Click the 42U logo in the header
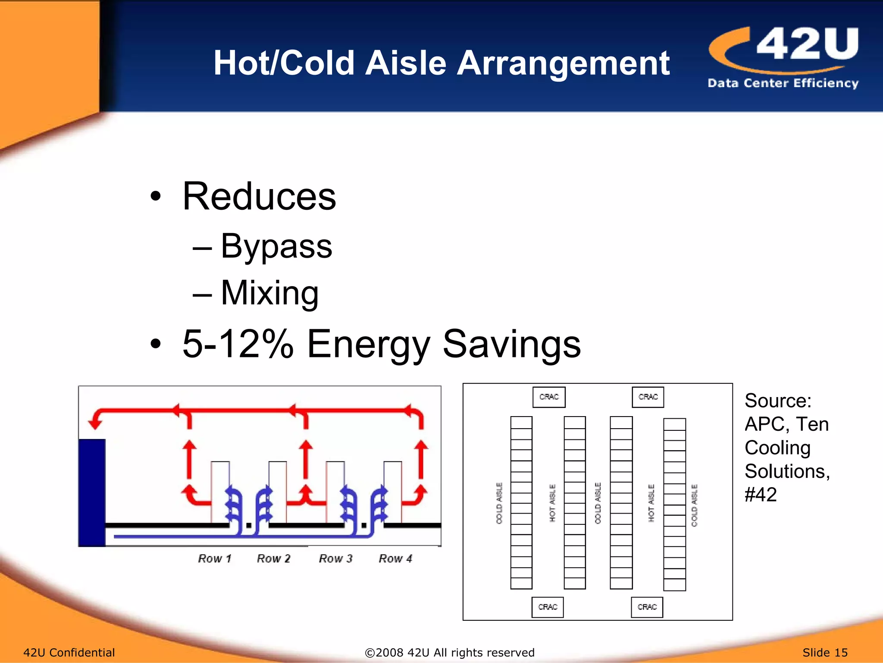pyautogui.click(x=783, y=56)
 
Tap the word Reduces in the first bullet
pyautogui.click(x=259, y=196)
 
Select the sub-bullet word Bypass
pyautogui.click(x=276, y=246)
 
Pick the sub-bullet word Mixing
pyautogui.click(x=269, y=293)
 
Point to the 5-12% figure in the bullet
pyautogui.click(x=238, y=344)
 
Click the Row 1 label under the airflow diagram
pyautogui.click(x=215, y=559)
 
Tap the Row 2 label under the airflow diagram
pyautogui.click(x=274, y=559)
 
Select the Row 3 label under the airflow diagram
pyautogui.click(x=335, y=559)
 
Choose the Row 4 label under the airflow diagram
pyautogui.click(x=395, y=559)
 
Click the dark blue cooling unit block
pyautogui.click(x=92, y=492)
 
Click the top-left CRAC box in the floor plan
pyautogui.click(x=549, y=397)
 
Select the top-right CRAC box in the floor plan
pyautogui.click(x=648, y=397)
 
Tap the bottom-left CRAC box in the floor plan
pyautogui.click(x=548, y=607)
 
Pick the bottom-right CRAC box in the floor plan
pyautogui.click(x=647, y=607)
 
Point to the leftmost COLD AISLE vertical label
pyautogui.click(x=499, y=503)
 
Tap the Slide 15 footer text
pyautogui.click(x=825, y=653)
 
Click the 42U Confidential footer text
pyautogui.click(x=69, y=653)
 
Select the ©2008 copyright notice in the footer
pyautogui.click(x=449, y=653)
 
